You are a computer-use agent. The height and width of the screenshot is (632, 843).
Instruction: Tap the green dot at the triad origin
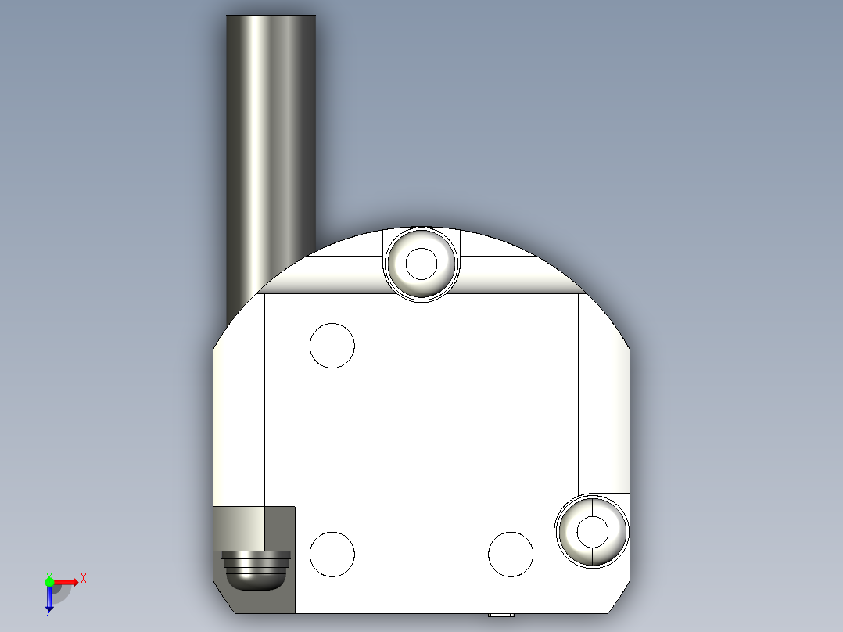[x=49, y=581]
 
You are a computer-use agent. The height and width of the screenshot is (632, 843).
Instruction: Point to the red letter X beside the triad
[x=84, y=579]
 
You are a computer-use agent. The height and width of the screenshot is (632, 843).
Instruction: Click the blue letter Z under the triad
[x=48, y=612]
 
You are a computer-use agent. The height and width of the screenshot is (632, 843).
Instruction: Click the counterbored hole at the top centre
[x=421, y=264]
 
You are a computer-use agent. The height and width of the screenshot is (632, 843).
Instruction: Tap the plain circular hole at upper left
[x=332, y=345]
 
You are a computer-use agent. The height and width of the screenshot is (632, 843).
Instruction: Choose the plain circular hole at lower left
[x=332, y=553]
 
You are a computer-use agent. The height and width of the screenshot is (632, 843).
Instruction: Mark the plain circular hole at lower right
[x=511, y=554]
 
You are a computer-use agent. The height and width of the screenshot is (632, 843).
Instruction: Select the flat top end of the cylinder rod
[x=271, y=16]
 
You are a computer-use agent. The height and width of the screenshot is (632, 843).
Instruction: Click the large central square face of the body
[x=422, y=422]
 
